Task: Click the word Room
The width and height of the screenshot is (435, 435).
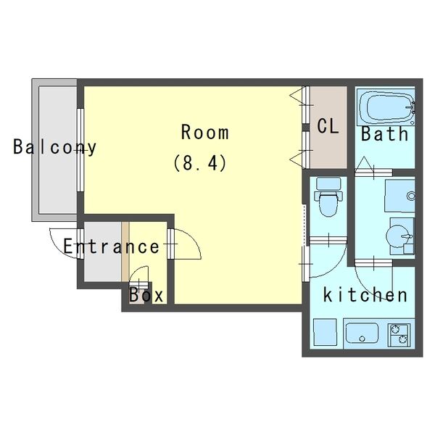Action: coord(205,133)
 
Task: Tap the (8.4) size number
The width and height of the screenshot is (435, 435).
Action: coord(200,163)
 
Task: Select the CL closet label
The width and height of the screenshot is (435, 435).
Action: coord(328,126)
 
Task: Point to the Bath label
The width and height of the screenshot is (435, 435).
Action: coord(384,133)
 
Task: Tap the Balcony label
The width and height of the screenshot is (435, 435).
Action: coord(55,147)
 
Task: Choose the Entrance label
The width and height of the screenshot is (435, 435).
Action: coord(111,246)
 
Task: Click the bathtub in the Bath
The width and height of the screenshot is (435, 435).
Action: coord(386,107)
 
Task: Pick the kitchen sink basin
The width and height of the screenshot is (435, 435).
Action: coord(362,333)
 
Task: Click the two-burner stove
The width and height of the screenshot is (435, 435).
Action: coord(399,335)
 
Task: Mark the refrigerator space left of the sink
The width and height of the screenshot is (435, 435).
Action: coord(325,332)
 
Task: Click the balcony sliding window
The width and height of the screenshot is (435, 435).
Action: coord(80,150)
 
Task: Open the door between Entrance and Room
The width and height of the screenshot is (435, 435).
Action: coord(184,244)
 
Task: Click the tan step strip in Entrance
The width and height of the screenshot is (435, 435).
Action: coord(125,252)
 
